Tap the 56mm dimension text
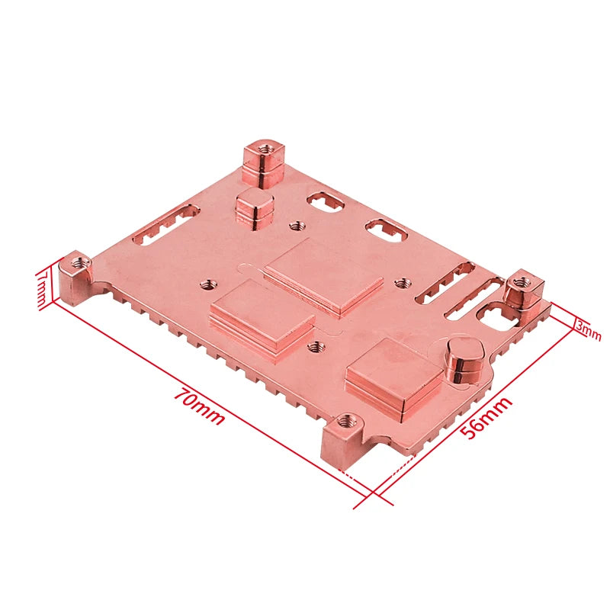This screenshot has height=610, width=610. click(486, 419)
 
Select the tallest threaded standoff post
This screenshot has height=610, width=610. click(263, 161)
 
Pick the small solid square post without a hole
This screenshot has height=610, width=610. click(255, 208)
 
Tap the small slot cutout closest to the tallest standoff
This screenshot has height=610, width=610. click(326, 201)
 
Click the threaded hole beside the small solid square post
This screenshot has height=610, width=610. click(298, 226)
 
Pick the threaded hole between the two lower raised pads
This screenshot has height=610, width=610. click(312, 346)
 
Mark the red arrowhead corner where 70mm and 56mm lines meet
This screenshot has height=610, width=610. click(374, 496)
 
